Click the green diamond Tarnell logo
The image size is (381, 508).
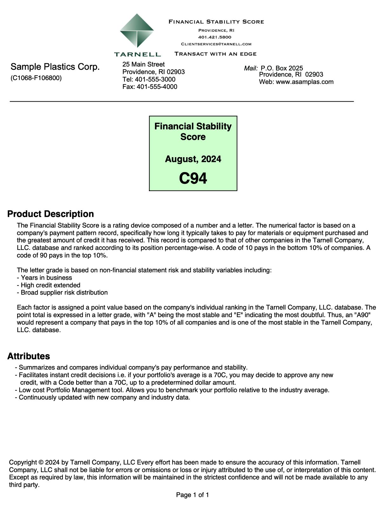[x=137, y=31]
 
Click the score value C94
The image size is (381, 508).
[x=193, y=178]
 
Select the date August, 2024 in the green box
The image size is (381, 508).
[x=193, y=159]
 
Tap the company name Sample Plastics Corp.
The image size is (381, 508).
[x=55, y=67]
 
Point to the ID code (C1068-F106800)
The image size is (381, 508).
[x=36, y=78]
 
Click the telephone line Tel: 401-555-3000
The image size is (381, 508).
[x=149, y=79]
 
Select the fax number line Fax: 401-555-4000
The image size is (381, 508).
[x=150, y=87]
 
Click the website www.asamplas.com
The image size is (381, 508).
[x=304, y=82]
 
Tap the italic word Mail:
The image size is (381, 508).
[x=251, y=68]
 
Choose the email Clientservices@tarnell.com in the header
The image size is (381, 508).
[x=216, y=44]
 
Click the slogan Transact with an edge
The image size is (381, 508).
[x=215, y=54]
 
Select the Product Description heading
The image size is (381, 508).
[x=50, y=214]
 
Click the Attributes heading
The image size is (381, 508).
[x=29, y=356]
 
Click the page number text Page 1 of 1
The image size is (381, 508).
[x=192, y=495]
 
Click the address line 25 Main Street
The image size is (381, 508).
[x=144, y=64]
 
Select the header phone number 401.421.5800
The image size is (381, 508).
[x=215, y=37]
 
